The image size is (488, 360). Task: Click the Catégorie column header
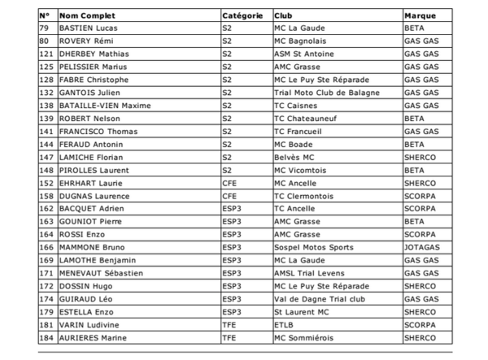242,15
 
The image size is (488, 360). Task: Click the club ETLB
284,325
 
